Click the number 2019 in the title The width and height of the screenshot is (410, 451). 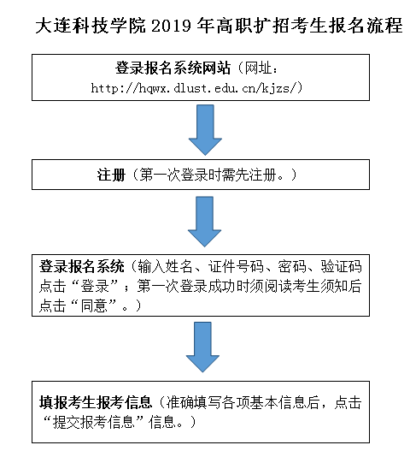click(x=171, y=26)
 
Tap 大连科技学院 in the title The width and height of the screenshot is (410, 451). click(x=91, y=26)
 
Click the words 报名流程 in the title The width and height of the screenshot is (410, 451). click(x=366, y=26)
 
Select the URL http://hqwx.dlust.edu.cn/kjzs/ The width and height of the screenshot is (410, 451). click(x=197, y=88)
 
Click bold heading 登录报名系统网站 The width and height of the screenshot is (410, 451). click(x=173, y=68)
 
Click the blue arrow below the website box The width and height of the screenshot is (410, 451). click(x=205, y=130)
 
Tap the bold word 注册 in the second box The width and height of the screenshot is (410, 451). click(x=111, y=175)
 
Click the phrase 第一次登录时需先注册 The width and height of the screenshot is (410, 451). click(x=208, y=175)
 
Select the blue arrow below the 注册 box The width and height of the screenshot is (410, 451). click(x=204, y=222)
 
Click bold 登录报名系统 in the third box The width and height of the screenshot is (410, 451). click(x=82, y=267)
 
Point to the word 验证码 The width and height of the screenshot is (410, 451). click(x=341, y=267)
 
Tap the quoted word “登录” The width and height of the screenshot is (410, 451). click(x=95, y=286)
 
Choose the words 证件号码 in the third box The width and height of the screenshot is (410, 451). click(x=236, y=267)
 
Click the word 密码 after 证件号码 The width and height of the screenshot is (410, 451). click(x=292, y=267)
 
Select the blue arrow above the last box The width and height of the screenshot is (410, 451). click(x=202, y=347)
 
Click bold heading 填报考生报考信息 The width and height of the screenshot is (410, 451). click(x=96, y=402)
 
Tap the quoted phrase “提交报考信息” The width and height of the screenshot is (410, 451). click(x=94, y=422)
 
